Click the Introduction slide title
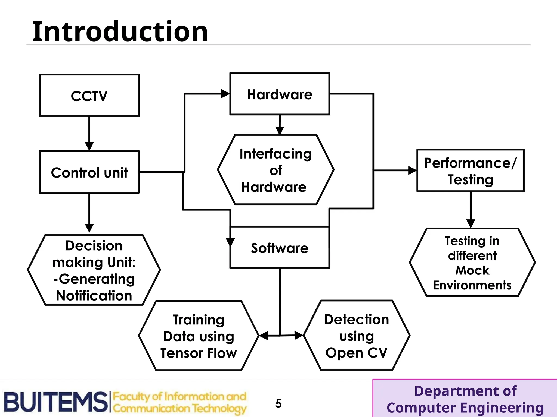(120, 32)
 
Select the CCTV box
(89, 96)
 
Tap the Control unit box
(89, 172)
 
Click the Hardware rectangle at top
(280, 94)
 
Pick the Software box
(280, 248)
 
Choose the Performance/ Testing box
(470, 171)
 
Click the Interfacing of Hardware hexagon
(276, 170)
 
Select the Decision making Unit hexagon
(94, 270)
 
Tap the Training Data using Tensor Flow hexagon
(199, 336)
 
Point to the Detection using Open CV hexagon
(357, 336)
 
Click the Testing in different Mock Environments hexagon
(472, 263)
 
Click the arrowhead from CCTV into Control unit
(89, 146)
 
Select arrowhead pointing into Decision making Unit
(89, 228)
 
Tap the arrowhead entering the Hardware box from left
(225, 94)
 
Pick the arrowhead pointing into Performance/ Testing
(412, 170)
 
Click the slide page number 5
(278, 403)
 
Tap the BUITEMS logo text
(56, 402)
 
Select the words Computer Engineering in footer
(465, 408)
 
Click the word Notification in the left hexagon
(94, 296)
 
